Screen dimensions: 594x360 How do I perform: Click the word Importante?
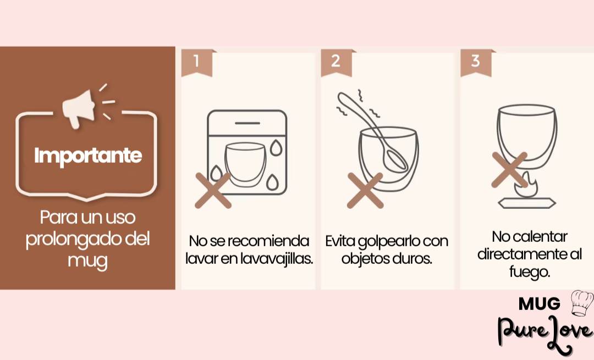[88, 156]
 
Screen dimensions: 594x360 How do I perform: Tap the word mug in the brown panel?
[87, 261]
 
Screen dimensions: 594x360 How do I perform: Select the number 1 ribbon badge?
[197, 63]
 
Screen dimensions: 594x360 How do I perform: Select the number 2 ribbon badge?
[337, 63]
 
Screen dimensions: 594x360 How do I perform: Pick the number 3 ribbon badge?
[476, 63]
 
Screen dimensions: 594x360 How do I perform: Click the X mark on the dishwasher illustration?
[213, 190]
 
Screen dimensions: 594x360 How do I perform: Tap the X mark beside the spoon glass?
[365, 190]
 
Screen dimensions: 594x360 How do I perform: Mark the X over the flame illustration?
[509, 170]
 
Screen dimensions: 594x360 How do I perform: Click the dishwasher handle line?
[248, 124]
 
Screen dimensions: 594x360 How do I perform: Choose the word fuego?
[529, 272]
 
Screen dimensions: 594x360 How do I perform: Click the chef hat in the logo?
[582, 303]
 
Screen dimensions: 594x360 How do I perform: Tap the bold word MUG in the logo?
[540, 303]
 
